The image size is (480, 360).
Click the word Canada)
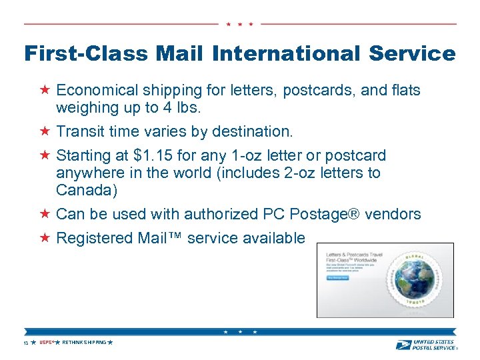coord(87,191)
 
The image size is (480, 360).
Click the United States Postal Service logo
coord(425,344)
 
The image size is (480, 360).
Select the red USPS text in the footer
coord(45,343)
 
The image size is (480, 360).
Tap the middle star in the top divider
coord(239,24)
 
